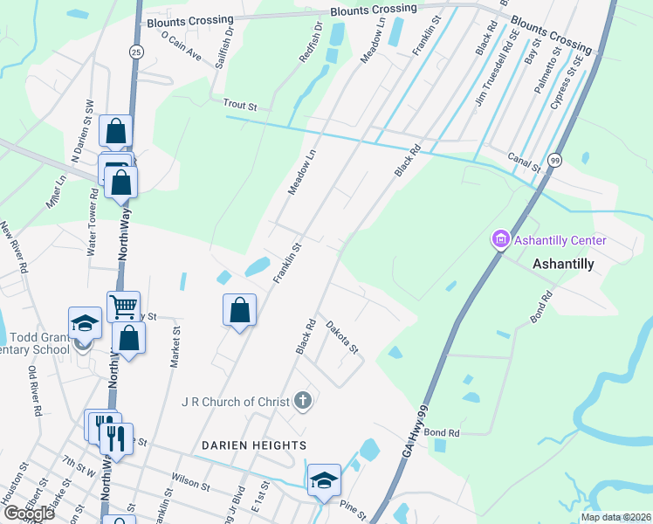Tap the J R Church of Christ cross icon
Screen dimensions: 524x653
point(302,402)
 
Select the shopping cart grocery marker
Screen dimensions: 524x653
point(124,307)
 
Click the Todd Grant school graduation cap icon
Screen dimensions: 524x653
point(84,322)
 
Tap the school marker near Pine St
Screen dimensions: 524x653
point(323,479)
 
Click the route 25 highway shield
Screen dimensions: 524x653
point(135,52)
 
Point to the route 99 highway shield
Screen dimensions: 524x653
point(555,160)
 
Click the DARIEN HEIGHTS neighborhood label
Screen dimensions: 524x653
point(254,445)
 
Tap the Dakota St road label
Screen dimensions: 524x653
point(342,337)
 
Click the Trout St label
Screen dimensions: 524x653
point(240,105)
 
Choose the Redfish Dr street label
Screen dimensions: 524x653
point(311,42)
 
